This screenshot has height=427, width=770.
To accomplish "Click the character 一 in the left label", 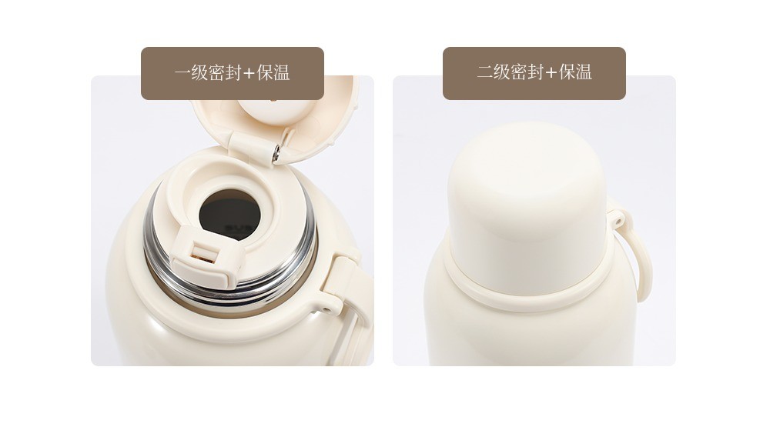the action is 182,73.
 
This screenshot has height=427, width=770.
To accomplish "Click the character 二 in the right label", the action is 484,72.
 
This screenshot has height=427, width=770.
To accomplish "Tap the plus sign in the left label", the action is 249,73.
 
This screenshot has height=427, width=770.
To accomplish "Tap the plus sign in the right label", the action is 551,73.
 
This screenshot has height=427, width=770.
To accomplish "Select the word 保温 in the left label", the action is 273,72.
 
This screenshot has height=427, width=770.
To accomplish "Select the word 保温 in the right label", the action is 575,72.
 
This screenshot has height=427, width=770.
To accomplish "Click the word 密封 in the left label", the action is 224,72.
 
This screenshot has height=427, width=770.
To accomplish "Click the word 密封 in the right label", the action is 527,72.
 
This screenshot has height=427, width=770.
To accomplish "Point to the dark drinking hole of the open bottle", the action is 229,215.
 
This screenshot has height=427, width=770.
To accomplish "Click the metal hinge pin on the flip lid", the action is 276,153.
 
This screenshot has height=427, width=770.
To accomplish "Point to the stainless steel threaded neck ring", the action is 231,275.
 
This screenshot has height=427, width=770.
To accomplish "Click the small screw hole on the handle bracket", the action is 326,310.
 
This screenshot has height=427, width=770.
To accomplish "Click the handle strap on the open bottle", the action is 352,305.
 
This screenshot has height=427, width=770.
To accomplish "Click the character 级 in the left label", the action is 199,72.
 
